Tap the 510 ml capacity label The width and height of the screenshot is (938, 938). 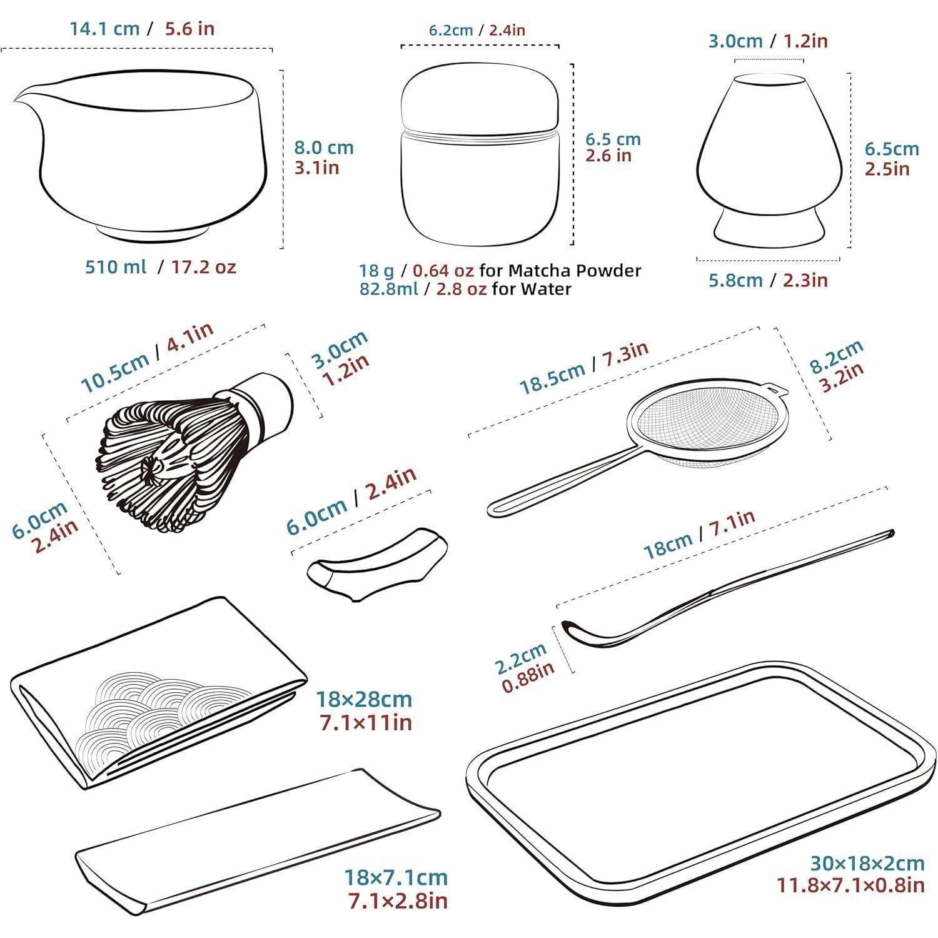(x=116, y=267)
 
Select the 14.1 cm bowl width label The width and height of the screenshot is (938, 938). (x=104, y=29)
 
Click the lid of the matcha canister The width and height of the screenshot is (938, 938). (x=480, y=100)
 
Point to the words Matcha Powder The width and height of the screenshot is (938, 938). (x=575, y=271)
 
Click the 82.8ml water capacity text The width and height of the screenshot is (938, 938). (x=388, y=289)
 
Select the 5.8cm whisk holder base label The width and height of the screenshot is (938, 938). (x=735, y=280)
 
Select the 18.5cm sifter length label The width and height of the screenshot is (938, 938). (x=553, y=377)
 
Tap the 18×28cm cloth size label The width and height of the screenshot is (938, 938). (x=364, y=698)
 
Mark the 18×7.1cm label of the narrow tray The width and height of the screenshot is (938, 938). (x=396, y=877)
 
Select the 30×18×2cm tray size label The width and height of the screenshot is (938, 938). (x=867, y=864)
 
